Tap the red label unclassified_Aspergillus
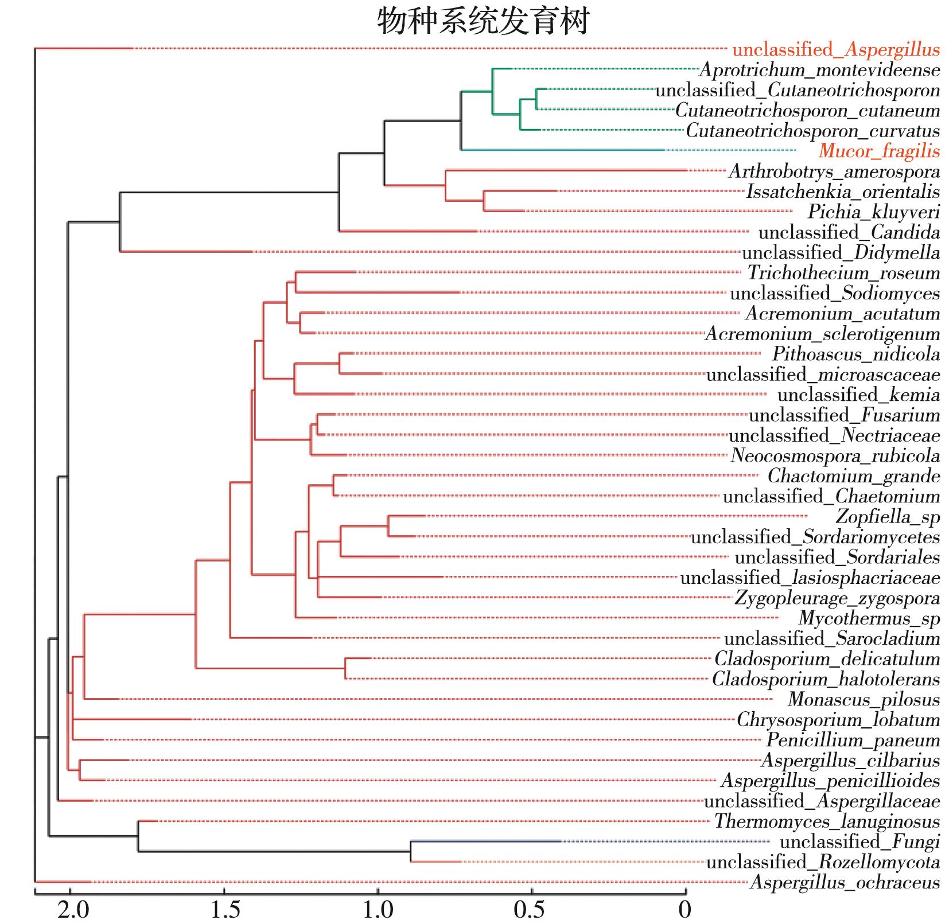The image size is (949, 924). click(836, 50)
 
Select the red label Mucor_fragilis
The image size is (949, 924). click(879, 151)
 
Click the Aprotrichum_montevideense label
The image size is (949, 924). click(819, 70)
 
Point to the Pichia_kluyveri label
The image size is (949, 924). click(874, 212)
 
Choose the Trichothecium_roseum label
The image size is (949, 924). click(843, 273)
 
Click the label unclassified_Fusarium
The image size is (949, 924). click(844, 415)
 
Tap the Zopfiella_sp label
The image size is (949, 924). click(888, 516)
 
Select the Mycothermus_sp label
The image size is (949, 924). click(869, 618)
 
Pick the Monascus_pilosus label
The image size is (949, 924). click(864, 699)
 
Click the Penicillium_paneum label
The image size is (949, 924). click(853, 740)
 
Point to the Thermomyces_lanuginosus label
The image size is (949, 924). click(827, 821)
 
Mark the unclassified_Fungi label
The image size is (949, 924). click(859, 841)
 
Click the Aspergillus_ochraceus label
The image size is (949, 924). click(845, 882)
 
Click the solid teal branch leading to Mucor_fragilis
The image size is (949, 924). click(562, 150)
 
